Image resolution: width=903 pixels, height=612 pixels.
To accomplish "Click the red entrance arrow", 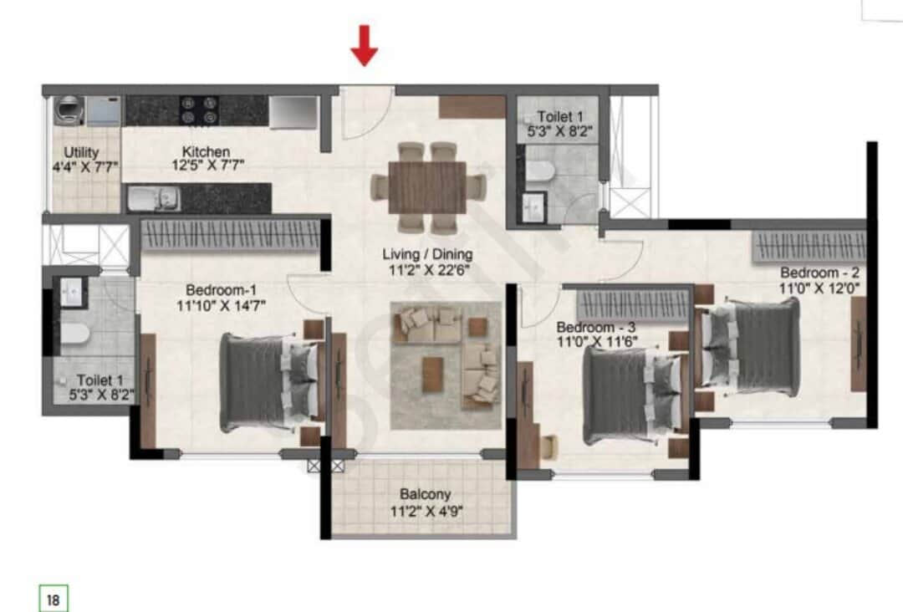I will [364, 46].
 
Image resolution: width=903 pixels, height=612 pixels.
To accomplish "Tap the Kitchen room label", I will [207, 151].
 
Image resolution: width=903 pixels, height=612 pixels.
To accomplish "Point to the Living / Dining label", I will [428, 253].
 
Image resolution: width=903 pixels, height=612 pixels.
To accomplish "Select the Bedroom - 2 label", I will [819, 273].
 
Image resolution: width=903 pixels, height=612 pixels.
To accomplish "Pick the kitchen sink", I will [154, 199].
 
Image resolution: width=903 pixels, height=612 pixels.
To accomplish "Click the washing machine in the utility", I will [67, 110].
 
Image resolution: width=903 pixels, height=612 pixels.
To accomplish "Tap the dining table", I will [428, 186].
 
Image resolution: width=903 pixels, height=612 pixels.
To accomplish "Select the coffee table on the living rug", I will [432, 368].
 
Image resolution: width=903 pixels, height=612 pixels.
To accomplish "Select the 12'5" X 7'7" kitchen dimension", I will [207, 166].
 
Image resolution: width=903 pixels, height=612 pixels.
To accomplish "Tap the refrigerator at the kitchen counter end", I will [293, 112].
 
